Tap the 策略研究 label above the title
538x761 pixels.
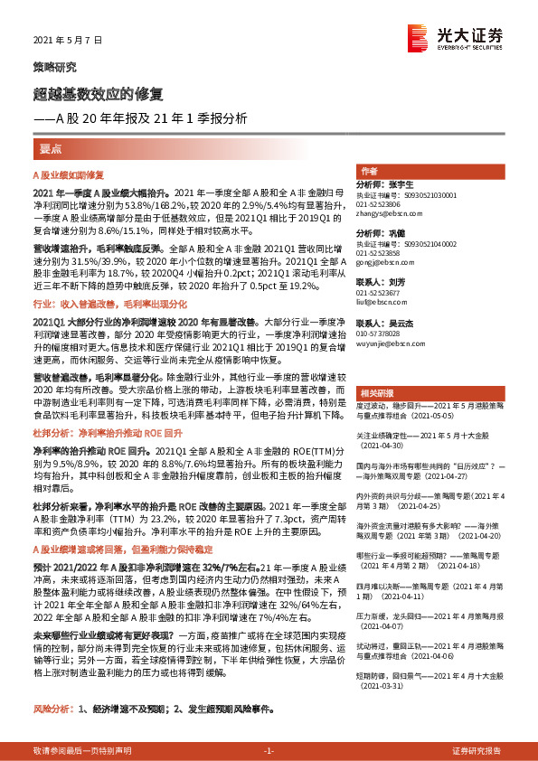(x=55, y=67)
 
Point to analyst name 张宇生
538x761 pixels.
(x=401, y=184)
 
